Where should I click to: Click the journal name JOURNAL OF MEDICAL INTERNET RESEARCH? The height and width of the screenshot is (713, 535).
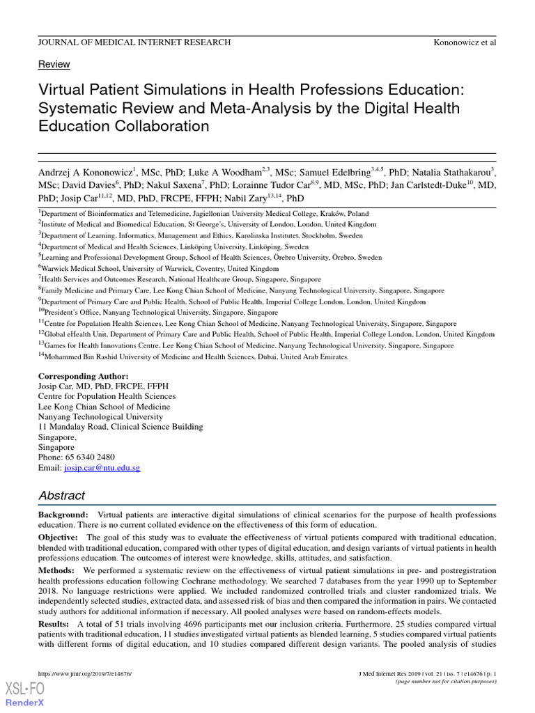click(134, 42)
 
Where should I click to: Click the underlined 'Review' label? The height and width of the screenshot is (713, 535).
click(54, 64)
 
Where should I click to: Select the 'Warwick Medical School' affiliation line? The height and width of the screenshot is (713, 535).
click(158, 268)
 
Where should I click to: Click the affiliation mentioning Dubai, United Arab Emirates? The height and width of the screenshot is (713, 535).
click(192, 356)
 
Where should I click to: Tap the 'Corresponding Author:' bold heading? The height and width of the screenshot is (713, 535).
click(83, 376)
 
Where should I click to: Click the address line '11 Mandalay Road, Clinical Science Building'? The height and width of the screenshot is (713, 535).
click(121, 427)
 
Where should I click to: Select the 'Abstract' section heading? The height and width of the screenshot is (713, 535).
click(61, 496)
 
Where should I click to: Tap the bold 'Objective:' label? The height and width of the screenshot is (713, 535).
click(59, 538)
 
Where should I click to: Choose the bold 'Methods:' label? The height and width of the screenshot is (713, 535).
click(56, 570)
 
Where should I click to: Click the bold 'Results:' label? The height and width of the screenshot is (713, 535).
click(54, 624)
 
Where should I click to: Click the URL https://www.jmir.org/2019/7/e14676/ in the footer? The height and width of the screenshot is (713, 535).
click(85, 675)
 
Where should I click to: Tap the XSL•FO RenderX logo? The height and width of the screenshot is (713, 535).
click(25, 694)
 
